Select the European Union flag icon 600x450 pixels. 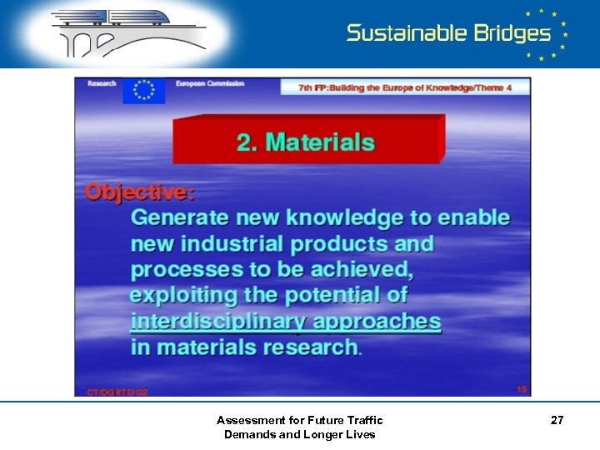[x=144, y=90]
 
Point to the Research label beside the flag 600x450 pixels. [x=102, y=83]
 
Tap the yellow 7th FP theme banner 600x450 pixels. [x=405, y=87]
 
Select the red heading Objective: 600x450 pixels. [x=140, y=192]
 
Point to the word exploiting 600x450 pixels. [x=190, y=295]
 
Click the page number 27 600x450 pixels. [x=557, y=421]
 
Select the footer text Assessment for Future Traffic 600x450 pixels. [x=299, y=420]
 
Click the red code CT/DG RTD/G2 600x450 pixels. [x=117, y=391]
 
